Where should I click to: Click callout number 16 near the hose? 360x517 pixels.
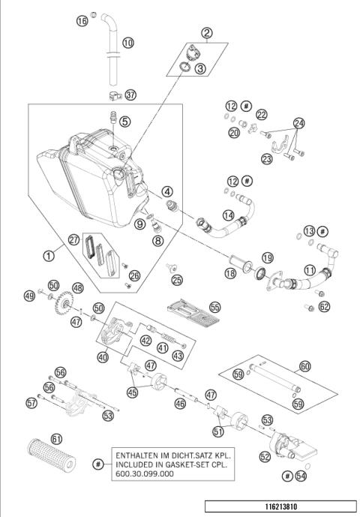click(82, 22)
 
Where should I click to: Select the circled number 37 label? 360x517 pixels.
click(132, 95)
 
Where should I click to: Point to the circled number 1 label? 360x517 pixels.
click(49, 255)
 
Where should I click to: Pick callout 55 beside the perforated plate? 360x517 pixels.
click(215, 307)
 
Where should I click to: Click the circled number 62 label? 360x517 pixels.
click(324, 306)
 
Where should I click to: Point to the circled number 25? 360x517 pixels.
click(176, 281)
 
